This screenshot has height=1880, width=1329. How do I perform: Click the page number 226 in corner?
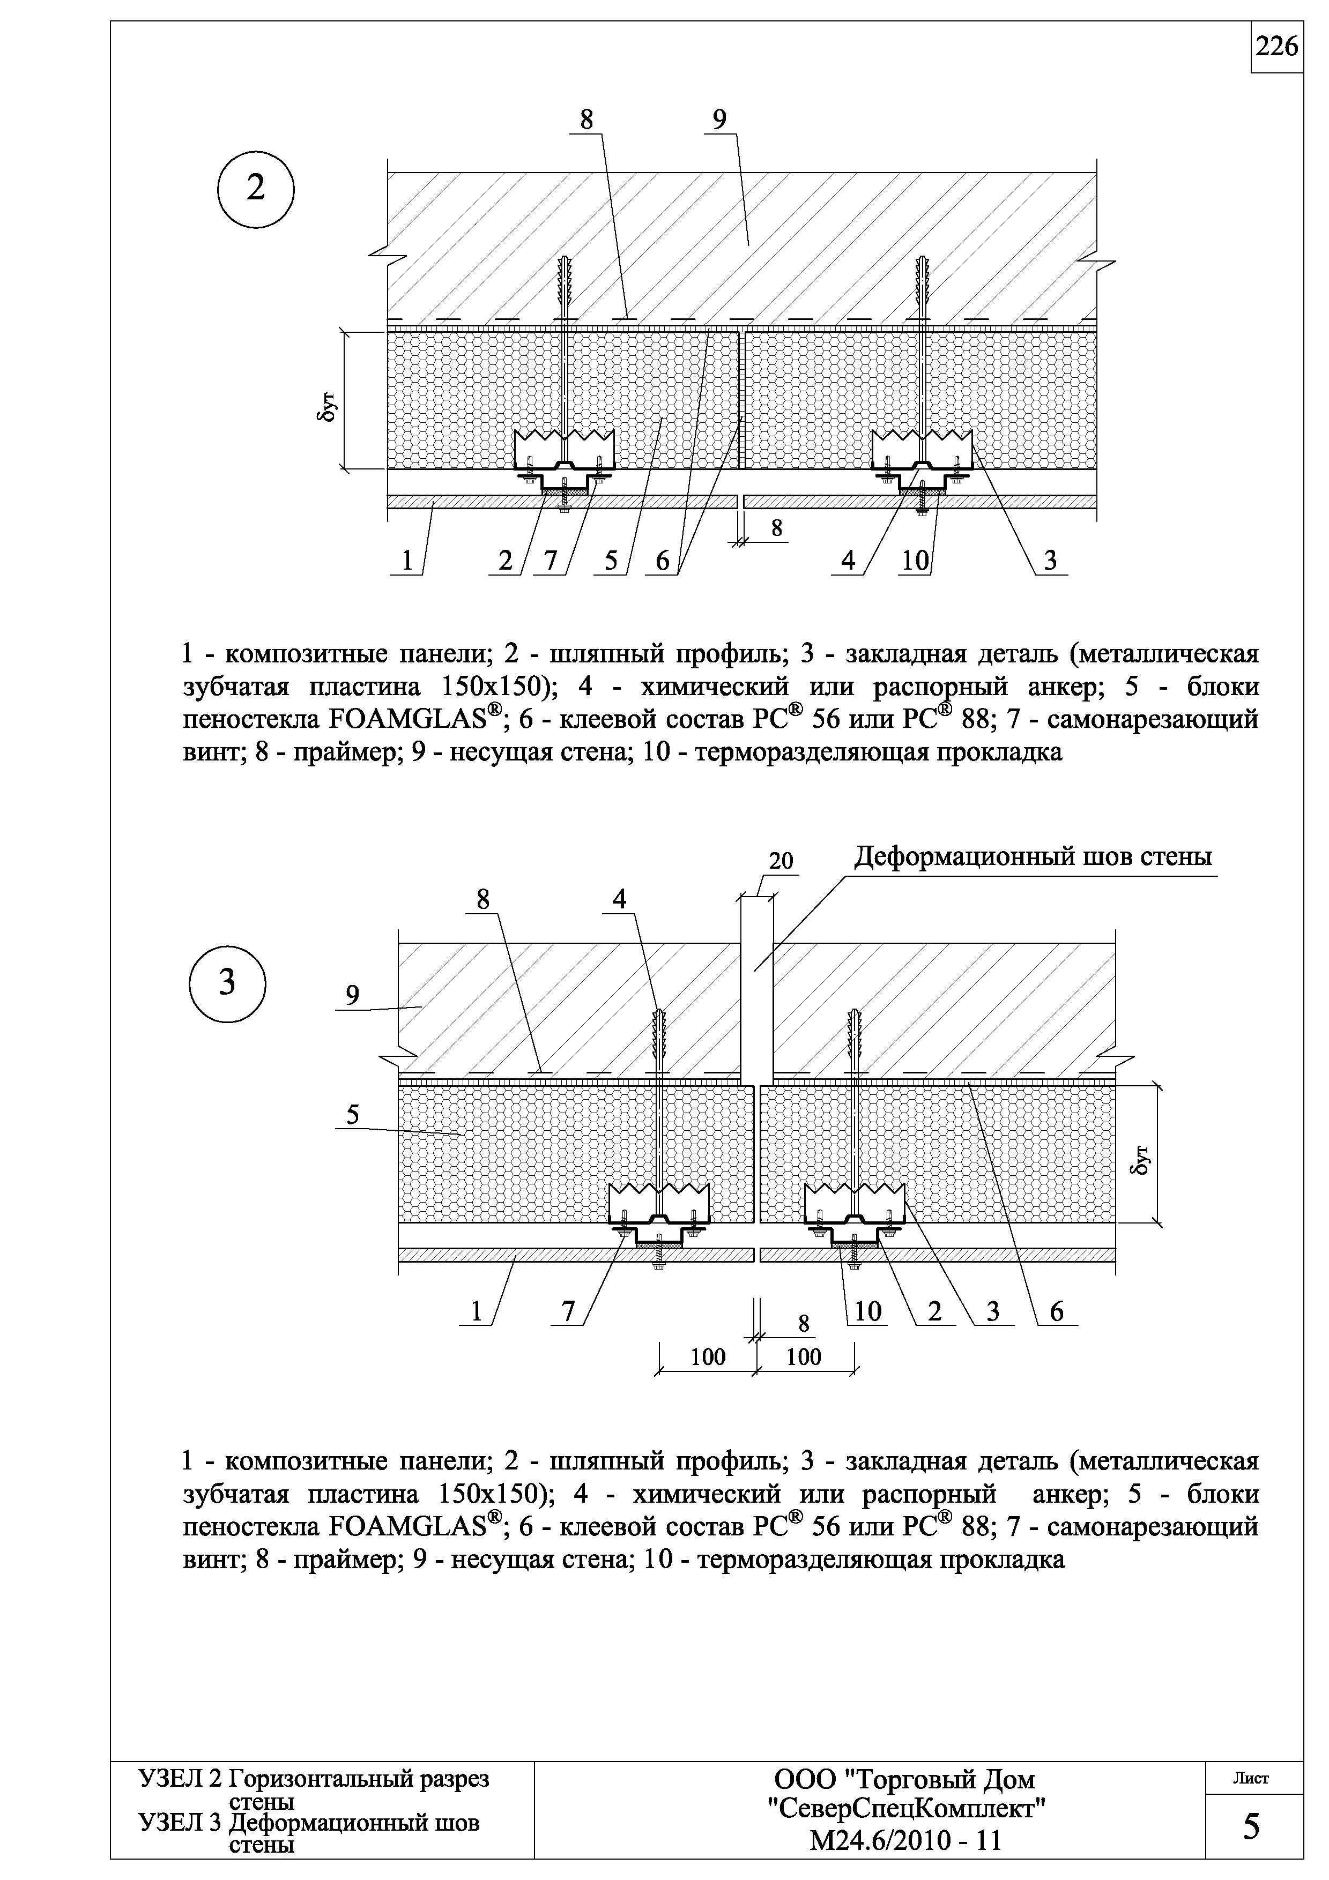click(x=1276, y=48)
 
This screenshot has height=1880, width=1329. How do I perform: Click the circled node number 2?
click(x=256, y=189)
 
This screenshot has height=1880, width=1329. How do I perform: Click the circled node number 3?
click(x=227, y=982)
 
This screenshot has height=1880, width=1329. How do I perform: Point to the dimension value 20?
click(x=781, y=861)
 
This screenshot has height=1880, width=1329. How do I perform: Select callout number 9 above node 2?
click(x=719, y=121)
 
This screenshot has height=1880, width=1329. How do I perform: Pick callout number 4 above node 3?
click(x=619, y=899)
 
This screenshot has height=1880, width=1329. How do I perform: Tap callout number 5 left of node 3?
click(x=352, y=1115)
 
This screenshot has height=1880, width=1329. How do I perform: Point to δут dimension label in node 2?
click(x=325, y=405)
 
